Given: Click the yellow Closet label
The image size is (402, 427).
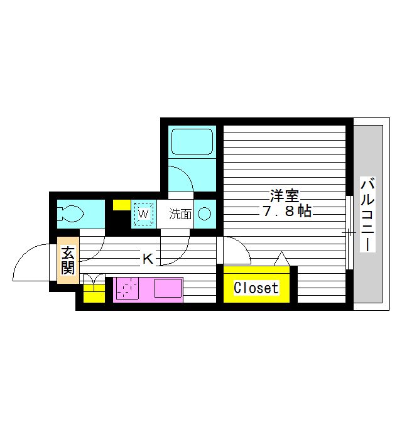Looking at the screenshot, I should [256, 288].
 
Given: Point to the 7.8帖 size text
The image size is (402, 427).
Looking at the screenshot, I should [286, 211].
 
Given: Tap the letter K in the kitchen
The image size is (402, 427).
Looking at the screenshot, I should [147, 257].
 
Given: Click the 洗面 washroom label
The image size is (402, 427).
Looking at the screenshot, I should [180, 214].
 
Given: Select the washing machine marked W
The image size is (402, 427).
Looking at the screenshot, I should [143, 214].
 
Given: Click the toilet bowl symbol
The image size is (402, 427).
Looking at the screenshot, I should [70, 213].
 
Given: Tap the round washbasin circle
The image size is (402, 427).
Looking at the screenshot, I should [205, 214].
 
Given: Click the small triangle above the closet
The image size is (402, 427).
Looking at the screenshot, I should [281, 258].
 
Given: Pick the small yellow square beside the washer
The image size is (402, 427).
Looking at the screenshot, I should [120, 204].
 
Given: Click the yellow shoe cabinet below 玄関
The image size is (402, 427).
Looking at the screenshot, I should [94, 293].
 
